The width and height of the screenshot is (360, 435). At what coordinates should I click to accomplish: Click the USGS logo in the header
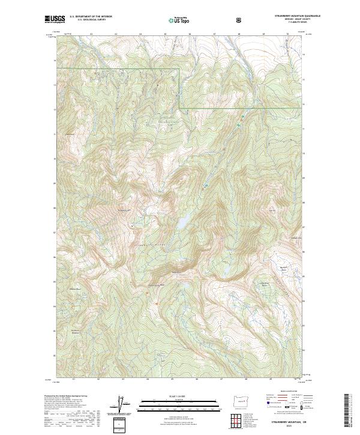55,20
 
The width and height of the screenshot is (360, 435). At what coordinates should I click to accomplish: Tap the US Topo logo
178,20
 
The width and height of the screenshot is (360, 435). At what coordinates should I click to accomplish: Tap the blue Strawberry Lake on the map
180,221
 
